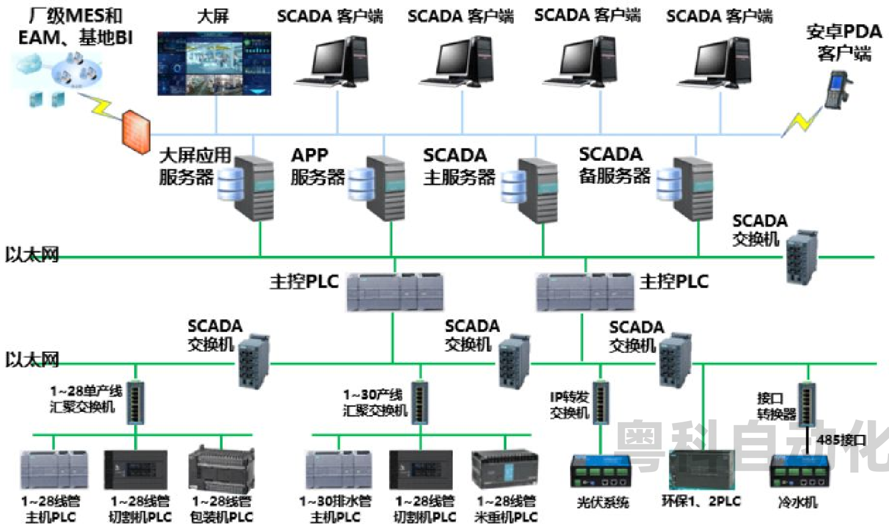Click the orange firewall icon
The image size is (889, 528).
point(135,133)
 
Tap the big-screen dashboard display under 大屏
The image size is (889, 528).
point(214,64)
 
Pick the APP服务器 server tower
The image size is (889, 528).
point(384,188)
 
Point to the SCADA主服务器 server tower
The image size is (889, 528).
point(536,189)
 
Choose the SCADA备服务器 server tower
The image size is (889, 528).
point(692,188)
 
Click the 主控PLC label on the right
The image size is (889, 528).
point(674,282)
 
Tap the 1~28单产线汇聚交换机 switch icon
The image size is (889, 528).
point(136,403)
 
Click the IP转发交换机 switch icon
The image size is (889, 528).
point(601,403)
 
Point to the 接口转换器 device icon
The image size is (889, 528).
point(807,404)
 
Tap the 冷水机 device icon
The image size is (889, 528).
point(799,471)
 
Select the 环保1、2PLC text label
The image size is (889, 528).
point(701,501)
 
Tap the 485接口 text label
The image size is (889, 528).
point(841,440)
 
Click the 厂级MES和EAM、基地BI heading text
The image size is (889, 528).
point(75,27)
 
